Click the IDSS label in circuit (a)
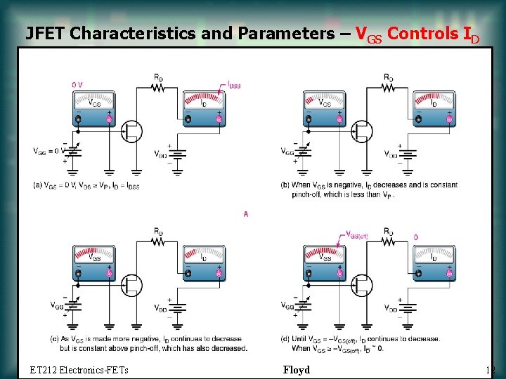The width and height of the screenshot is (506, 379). [x=233, y=86]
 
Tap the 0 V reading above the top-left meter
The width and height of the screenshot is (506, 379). [x=77, y=85]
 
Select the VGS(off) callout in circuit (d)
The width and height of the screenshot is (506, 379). [x=358, y=235]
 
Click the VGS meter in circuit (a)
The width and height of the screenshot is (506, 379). [x=93, y=109]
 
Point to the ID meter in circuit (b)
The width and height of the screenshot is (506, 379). [x=434, y=109]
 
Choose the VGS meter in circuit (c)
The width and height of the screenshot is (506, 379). [x=93, y=264]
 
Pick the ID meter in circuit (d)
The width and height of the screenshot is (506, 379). [x=434, y=264]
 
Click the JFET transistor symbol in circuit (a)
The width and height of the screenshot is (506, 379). [x=131, y=131]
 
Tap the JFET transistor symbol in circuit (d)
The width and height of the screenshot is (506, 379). [x=361, y=285]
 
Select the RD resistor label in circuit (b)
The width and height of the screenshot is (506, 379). [x=389, y=77]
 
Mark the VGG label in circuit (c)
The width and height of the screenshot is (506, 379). [x=57, y=305]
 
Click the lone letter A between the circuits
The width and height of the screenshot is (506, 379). [x=246, y=213]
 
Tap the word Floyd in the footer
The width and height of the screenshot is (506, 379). [x=296, y=370]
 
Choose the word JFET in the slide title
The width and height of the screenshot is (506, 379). [x=46, y=33]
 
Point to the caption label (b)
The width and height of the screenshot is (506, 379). [x=284, y=185]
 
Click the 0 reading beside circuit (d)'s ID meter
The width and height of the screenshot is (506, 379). [x=415, y=237]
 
